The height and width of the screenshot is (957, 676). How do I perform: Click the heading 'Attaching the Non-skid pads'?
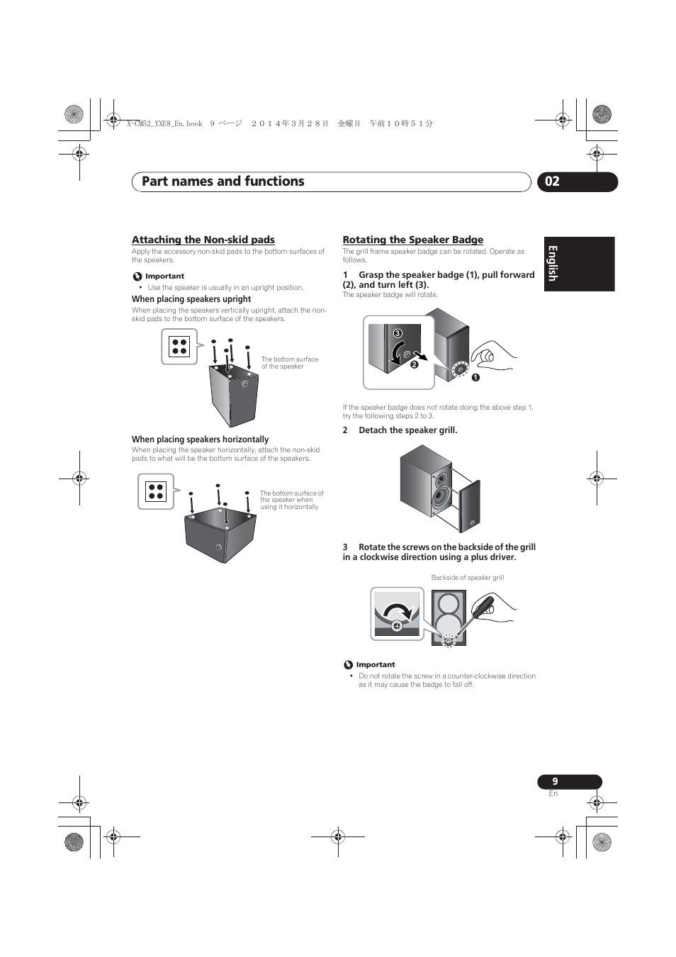pyautogui.click(x=203, y=240)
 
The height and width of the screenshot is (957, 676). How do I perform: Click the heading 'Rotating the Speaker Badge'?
pyautogui.click(x=412, y=240)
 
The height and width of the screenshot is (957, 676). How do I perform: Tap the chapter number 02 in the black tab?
pyautogui.click(x=553, y=181)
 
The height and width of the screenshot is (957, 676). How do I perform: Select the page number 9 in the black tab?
pyautogui.click(x=556, y=781)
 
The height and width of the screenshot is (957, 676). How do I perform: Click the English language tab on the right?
pyautogui.click(x=553, y=264)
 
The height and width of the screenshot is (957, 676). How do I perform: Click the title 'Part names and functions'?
pyautogui.click(x=222, y=181)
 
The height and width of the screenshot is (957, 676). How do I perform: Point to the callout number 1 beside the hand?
pyautogui.click(x=476, y=377)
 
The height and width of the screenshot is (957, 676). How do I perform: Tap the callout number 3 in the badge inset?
pyautogui.click(x=398, y=333)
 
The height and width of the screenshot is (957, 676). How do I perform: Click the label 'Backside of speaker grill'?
pyautogui.click(x=468, y=578)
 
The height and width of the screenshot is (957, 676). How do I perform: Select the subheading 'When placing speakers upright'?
pyautogui.click(x=191, y=299)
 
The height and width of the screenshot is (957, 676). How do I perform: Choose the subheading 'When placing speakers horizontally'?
pyautogui.click(x=200, y=440)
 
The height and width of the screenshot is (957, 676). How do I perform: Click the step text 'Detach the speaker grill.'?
pyautogui.click(x=407, y=430)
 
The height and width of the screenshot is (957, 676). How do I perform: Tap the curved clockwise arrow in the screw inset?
pyautogui.click(x=397, y=610)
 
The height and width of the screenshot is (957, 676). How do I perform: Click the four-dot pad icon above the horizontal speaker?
pyautogui.click(x=156, y=491)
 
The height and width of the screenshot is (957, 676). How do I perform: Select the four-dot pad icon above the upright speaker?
pyautogui.click(x=179, y=347)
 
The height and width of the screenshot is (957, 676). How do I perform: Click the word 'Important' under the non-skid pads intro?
pyautogui.click(x=164, y=276)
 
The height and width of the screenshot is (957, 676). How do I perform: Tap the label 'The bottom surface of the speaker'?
pyautogui.click(x=289, y=363)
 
